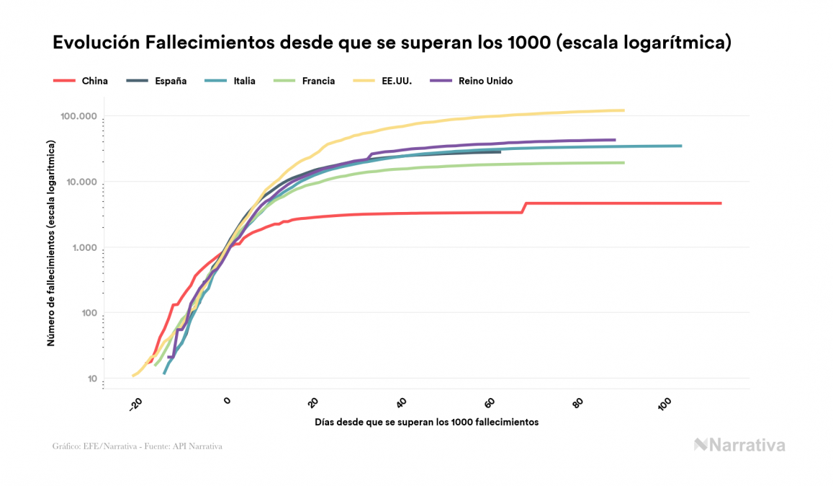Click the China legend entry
click(94, 81)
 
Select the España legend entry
click(171, 81)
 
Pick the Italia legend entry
click(244, 81)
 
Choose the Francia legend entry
click(318, 81)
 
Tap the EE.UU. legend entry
click(397, 81)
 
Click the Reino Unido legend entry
click(485, 81)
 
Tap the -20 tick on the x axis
click(136, 406)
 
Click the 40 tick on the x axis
click(402, 402)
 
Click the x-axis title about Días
click(426, 422)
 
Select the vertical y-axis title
click(51, 244)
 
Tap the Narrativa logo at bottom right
click(739, 445)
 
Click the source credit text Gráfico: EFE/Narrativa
click(137, 446)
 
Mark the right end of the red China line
click(720, 203)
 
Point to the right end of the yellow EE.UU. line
click(623, 110)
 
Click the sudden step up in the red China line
click(524, 208)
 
